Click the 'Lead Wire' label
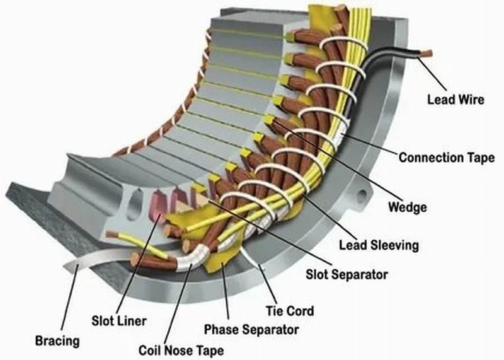tap(455, 100)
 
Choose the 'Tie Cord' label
tap(291, 311)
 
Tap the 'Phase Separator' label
tap(251, 329)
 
